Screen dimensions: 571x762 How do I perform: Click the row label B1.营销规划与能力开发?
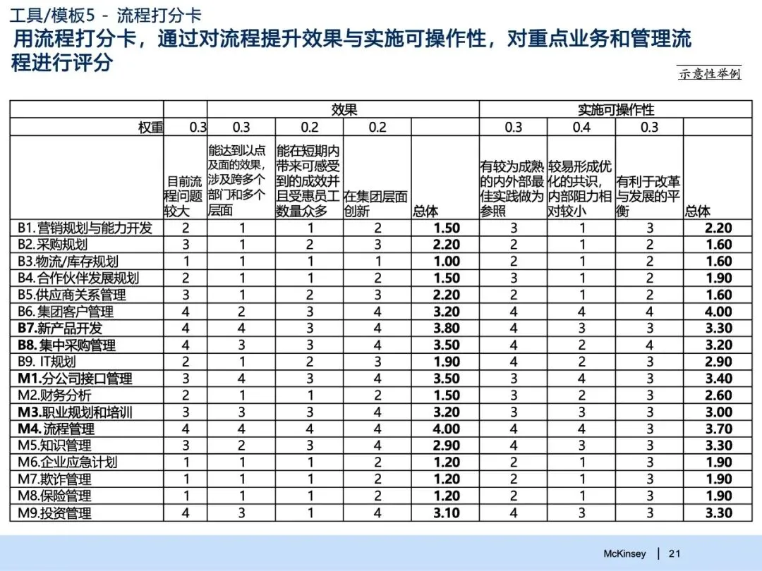click(x=85, y=228)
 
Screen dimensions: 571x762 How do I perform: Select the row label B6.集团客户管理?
click(x=66, y=312)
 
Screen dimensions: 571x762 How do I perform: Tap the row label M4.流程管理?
click(x=56, y=429)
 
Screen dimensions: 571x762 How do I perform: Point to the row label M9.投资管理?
click(x=55, y=512)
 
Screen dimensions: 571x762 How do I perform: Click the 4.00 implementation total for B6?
click(x=718, y=312)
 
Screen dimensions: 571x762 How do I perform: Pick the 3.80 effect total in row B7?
click(x=446, y=329)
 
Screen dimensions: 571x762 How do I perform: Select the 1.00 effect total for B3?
click(x=446, y=262)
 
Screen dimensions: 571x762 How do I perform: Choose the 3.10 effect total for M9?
click(x=446, y=512)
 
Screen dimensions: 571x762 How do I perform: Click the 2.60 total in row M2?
click(x=718, y=395)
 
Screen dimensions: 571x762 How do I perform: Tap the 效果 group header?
click(x=344, y=109)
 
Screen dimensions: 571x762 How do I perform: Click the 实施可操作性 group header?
click(x=616, y=109)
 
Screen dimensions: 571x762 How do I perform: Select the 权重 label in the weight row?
click(x=150, y=127)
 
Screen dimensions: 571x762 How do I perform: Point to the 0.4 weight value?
click(x=581, y=127)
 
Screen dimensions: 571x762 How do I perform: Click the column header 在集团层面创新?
click(x=376, y=203)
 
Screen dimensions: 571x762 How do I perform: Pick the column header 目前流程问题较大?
click(x=184, y=196)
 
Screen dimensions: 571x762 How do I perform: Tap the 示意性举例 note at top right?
click(x=710, y=74)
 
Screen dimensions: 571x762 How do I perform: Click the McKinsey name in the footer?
click(x=624, y=553)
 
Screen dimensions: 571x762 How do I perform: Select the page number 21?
click(x=675, y=553)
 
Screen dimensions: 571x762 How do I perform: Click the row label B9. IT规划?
click(x=47, y=362)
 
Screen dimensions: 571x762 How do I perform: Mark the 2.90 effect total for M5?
click(x=446, y=446)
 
